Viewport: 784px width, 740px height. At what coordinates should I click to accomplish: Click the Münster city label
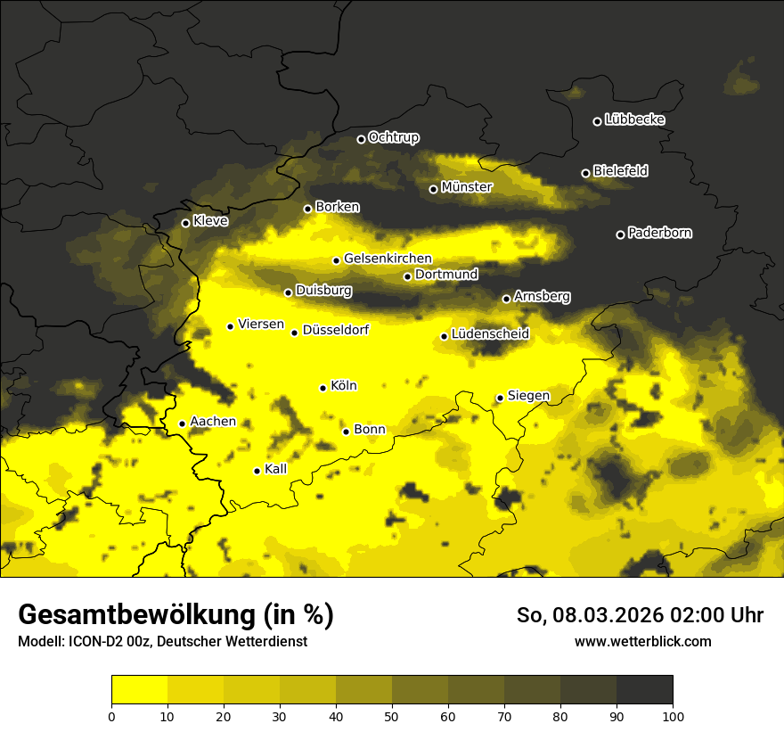point(466,187)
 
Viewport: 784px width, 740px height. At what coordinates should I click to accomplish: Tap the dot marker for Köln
point(323,388)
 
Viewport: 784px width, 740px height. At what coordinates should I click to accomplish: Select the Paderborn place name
point(659,233)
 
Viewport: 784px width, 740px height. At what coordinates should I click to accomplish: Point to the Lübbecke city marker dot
point(597,121)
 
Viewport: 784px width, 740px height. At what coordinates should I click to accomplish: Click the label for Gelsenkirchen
point(388,259)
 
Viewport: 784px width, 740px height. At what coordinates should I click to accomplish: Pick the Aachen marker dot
point(182,423)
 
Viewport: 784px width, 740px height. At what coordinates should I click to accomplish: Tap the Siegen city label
point(528,396)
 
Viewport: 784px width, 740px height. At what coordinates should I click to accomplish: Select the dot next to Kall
point(257,471)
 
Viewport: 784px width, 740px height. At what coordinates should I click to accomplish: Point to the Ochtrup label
point(393,137)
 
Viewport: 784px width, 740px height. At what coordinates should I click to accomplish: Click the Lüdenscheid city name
point(490,334)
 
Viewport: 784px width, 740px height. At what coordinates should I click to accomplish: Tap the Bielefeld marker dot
point(585,173)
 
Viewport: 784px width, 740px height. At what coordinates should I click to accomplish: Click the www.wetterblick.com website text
point(642,641)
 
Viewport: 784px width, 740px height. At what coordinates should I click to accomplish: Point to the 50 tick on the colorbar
point(392,716)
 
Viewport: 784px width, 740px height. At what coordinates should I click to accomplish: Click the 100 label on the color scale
point(672,716)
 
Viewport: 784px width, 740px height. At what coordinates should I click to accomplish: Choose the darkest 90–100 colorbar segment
point(644,690)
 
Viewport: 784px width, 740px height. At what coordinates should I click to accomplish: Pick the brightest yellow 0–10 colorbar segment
point(139,690)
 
